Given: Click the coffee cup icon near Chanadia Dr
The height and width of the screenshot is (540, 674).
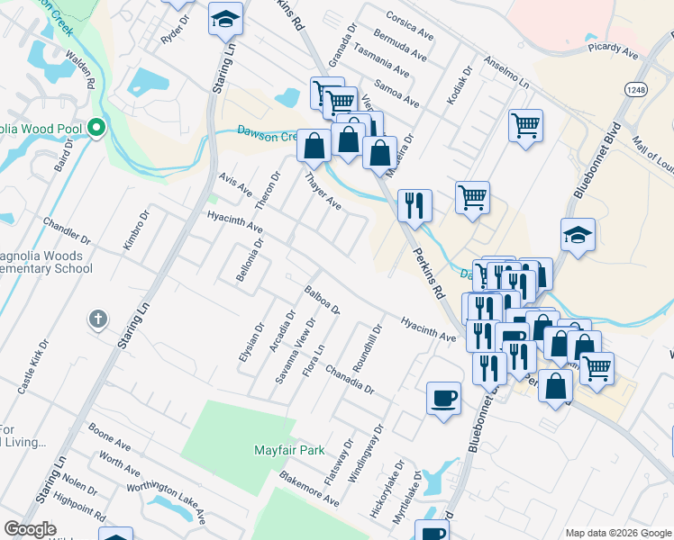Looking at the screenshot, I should click(443, 399).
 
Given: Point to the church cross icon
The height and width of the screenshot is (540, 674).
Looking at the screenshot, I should click(97, 319).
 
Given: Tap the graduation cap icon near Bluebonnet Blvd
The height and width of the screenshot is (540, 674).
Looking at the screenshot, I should click(578, 236).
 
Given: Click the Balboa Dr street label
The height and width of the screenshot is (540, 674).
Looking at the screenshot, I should click(323, 301).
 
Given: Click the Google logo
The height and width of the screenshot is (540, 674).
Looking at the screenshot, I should click(31, 529).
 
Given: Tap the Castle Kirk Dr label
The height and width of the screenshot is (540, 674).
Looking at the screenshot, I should click(32, 367).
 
